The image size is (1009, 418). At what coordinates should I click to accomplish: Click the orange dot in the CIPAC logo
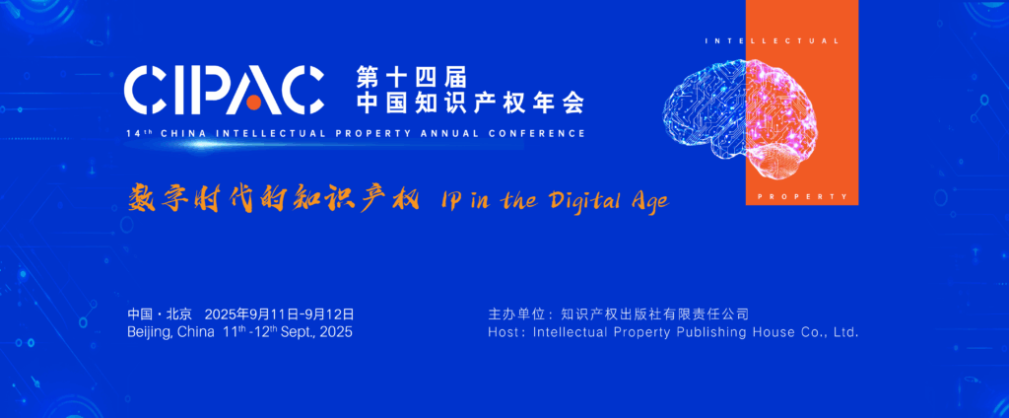(254, 103)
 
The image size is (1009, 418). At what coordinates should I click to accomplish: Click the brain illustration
(740, 118)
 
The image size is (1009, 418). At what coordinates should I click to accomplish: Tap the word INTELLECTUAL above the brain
(773, 41)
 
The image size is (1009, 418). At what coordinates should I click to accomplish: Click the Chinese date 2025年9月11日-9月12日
(279, 314)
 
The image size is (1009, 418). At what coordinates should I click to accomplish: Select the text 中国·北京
(160, 314)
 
